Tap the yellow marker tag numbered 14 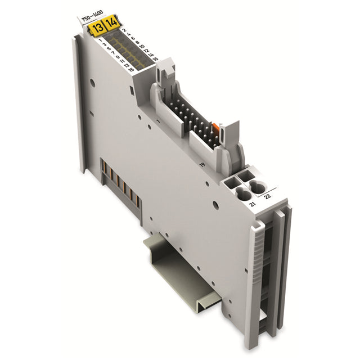coord(111,23)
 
